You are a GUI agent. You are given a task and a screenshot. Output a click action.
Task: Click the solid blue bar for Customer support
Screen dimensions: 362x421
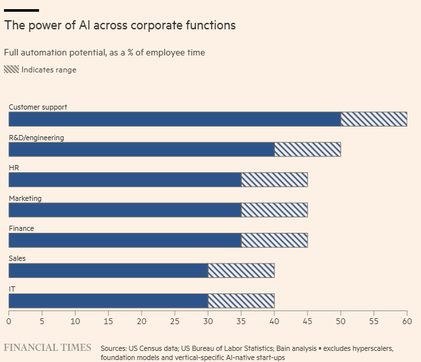174,119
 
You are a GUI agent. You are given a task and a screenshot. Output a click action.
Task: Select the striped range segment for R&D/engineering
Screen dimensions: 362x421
307,149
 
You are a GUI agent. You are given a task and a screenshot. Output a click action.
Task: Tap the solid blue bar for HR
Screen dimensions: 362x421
124,179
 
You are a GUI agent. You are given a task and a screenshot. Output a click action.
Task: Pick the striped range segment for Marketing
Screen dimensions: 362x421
274,210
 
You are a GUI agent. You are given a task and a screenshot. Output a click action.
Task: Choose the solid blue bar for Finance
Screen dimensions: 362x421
124,240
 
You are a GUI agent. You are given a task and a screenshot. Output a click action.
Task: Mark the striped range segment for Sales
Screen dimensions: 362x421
240,271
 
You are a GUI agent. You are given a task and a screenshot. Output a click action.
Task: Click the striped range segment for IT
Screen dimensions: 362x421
240,301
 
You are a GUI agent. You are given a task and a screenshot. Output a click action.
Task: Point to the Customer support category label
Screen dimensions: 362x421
38,107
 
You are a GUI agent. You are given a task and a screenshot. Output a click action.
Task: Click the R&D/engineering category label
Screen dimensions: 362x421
36,138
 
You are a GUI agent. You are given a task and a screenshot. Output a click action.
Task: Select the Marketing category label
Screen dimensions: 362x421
25,198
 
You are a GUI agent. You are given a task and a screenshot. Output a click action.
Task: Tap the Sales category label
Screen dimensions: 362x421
17,259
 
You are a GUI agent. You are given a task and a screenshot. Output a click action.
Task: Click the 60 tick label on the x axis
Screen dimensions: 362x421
407,321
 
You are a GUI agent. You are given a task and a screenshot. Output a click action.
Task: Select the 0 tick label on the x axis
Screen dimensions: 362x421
8,321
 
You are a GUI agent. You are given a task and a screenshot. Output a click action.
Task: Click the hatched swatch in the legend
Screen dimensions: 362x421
11,69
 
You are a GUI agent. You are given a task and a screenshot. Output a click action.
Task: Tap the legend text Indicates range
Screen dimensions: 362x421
49,70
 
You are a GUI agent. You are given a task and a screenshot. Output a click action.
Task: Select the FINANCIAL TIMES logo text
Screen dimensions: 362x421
48,348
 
